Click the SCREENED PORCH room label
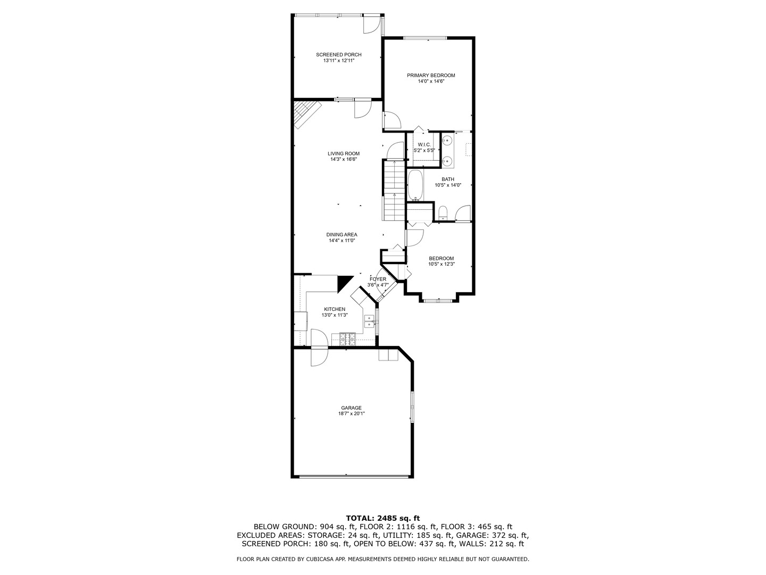click(338, 55)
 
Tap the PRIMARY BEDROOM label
click(431, 76)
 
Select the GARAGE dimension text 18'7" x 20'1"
click(351, 414)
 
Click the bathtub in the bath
click(415, 185)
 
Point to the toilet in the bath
click(443, 213)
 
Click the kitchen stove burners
click(348, 337)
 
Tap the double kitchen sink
click(369, 321)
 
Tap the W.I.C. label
click(424, 145)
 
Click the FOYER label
click(378, 279)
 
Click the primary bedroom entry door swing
click(392, 120)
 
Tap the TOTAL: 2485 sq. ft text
click(382, 517)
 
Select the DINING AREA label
click(342, 235)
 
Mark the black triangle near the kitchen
click(344, 282)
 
